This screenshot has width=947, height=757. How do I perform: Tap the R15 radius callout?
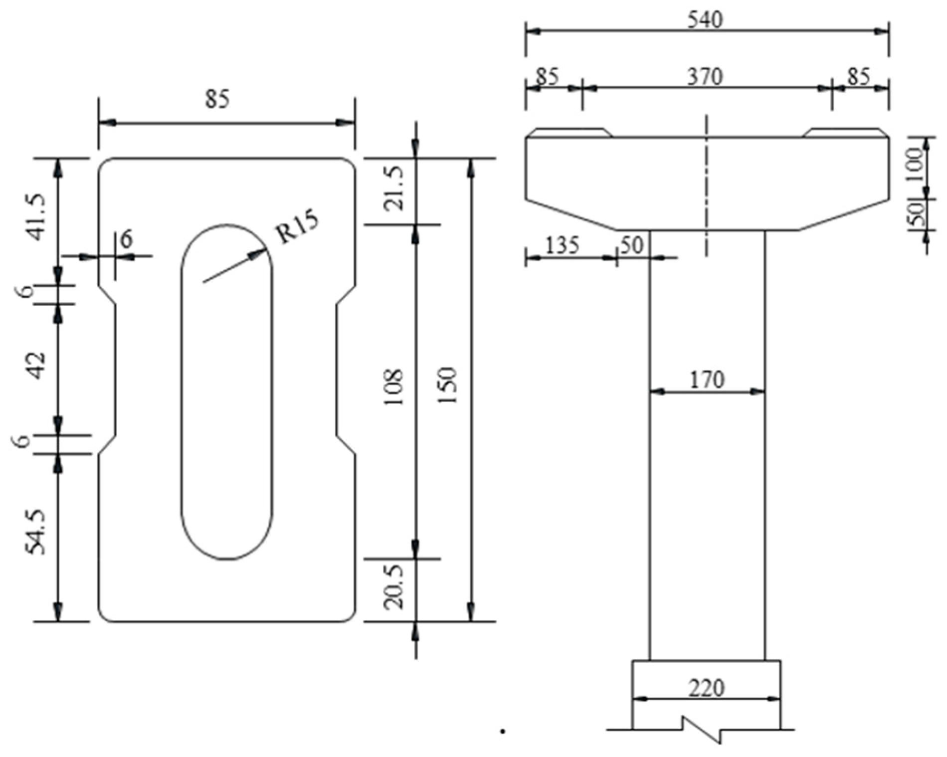(298, 228)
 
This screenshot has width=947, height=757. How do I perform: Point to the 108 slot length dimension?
(394, 387)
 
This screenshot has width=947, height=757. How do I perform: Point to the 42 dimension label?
(36, 365)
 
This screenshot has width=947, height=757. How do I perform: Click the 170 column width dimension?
(707, 380)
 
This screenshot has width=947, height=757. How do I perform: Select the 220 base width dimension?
(706, 689)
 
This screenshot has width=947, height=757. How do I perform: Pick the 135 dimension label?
(562, 246)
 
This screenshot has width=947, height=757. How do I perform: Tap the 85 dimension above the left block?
(217, 99)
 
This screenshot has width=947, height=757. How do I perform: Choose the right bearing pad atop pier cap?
(845, 132)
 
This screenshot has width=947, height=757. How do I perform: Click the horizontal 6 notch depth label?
(127, 240)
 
